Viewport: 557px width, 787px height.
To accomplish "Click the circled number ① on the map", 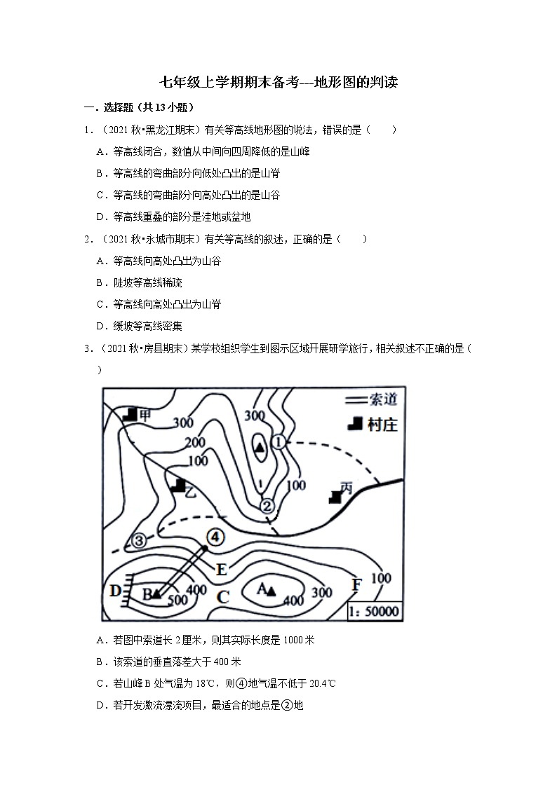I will click(x=278, y=442).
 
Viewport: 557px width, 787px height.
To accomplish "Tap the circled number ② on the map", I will click(x=267, y=505).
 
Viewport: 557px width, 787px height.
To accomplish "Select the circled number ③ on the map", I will click(x=138, y=541).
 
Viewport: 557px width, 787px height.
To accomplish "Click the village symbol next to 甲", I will click(x=128, y=414).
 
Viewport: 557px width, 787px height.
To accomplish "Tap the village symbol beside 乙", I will click(x=180, y=484).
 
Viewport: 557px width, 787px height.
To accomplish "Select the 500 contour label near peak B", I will click(x=177, y=600).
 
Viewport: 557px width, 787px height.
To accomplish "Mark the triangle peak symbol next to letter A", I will click(x=270, y=592).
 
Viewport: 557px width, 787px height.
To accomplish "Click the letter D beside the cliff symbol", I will click(x=115, y=589).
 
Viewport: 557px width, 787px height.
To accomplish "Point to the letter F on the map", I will click(x=356, y=584).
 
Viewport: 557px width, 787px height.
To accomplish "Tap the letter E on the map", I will click(x=222, y=569).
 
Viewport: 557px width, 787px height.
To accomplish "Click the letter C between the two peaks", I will click(x=222, y=597).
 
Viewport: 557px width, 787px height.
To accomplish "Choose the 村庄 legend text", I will click(x=381, y=424).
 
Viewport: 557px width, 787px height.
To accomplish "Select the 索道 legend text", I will click(x=382, y=400).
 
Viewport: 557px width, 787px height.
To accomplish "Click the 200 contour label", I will click(x=195, y=443).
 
